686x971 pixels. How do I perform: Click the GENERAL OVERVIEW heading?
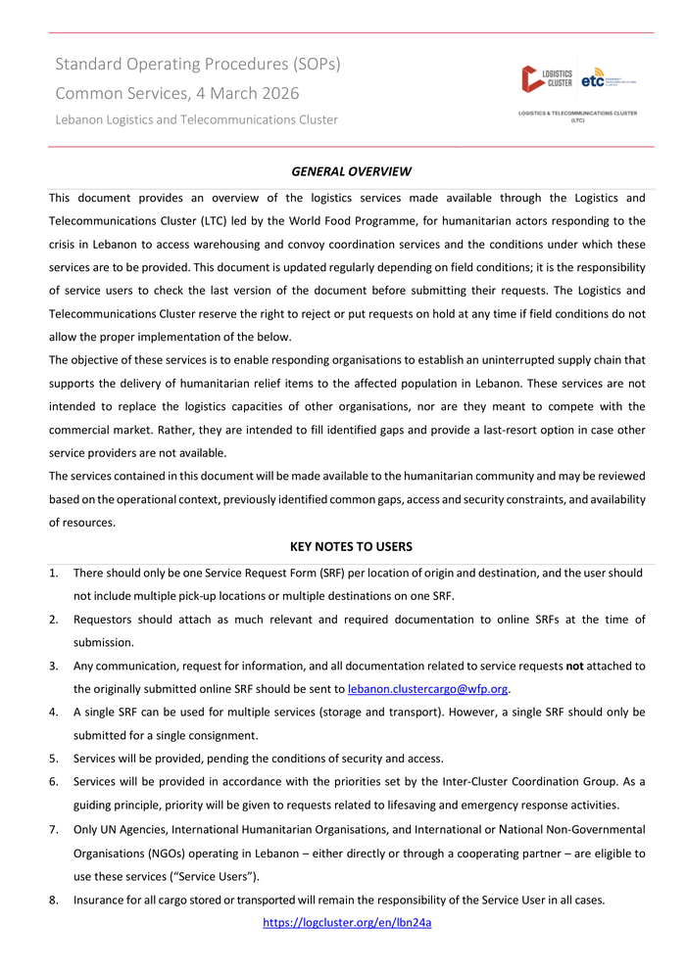coord(351,171)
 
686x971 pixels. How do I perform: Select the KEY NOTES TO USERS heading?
coord(351,546)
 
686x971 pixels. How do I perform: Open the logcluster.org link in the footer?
coord(347,922)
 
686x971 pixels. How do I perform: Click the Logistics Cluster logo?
coord(547,78)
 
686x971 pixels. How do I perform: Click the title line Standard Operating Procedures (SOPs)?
coord(198,65)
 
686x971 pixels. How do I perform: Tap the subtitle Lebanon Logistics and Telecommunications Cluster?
coord(196,119)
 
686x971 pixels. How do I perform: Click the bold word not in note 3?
coord(575,666)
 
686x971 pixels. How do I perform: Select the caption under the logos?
coord(577,116)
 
